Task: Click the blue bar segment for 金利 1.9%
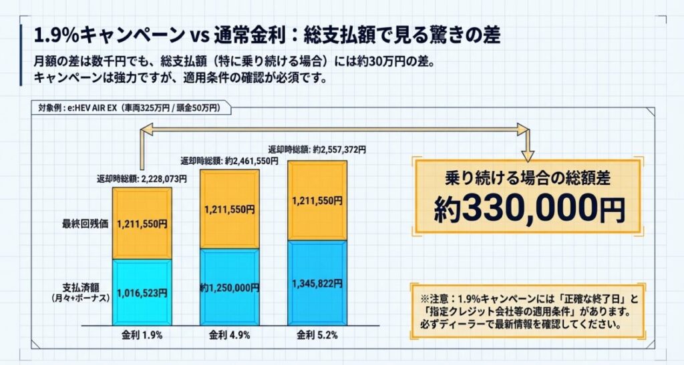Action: [142, 292]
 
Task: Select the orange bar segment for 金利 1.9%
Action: [142, 224]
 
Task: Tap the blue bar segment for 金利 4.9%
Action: [229, 287]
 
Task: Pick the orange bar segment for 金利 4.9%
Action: [229, 209]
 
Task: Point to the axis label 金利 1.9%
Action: [142, 335]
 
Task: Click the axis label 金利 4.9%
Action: [229, 335]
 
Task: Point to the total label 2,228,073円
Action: [142, 179]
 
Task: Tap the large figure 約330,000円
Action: [529, 210]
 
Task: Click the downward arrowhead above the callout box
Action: [528, 155]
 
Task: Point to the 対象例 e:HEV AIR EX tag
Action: [131, 107]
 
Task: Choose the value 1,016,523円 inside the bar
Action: [142, 292]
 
